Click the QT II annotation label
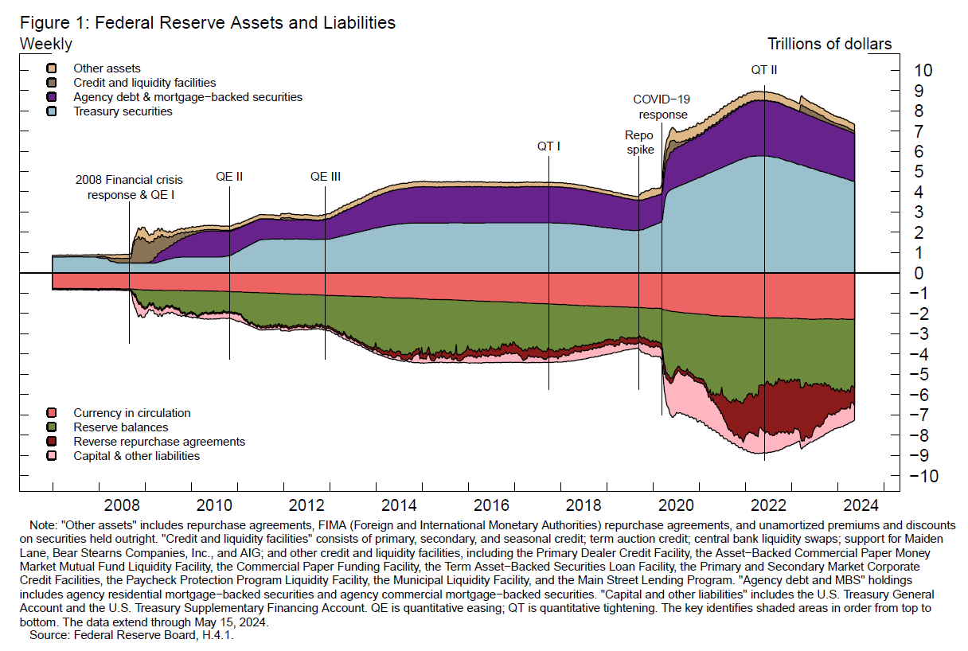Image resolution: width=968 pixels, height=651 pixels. (x=764, y=70)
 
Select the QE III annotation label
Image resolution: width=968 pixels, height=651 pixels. (x=325, y=177)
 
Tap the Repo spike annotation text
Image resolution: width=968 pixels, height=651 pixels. (x=639, y=142)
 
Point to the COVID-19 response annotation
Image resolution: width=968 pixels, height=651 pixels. (x=661, y=107)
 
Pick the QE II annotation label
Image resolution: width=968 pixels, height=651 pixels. (x=229, y=177)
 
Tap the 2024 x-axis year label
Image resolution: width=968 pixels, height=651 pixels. (x=860, y=505)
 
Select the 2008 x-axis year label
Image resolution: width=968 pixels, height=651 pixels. (x=123, y=505)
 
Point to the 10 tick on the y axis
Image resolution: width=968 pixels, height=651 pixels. (x=923, y=70)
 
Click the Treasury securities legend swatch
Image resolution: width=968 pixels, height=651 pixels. (x=52, y=111)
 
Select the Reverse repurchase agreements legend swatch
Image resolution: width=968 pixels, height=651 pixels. (x=52, y=442)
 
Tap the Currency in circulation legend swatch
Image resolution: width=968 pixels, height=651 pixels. (x=52, y=413)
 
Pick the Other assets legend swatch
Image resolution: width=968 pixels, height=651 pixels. (x=52, y=69)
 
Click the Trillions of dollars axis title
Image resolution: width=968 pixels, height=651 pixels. (x=829, y=44)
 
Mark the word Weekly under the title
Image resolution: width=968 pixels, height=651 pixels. (x=45, y=44)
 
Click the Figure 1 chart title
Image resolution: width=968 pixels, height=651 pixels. (x=208, y=23)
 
